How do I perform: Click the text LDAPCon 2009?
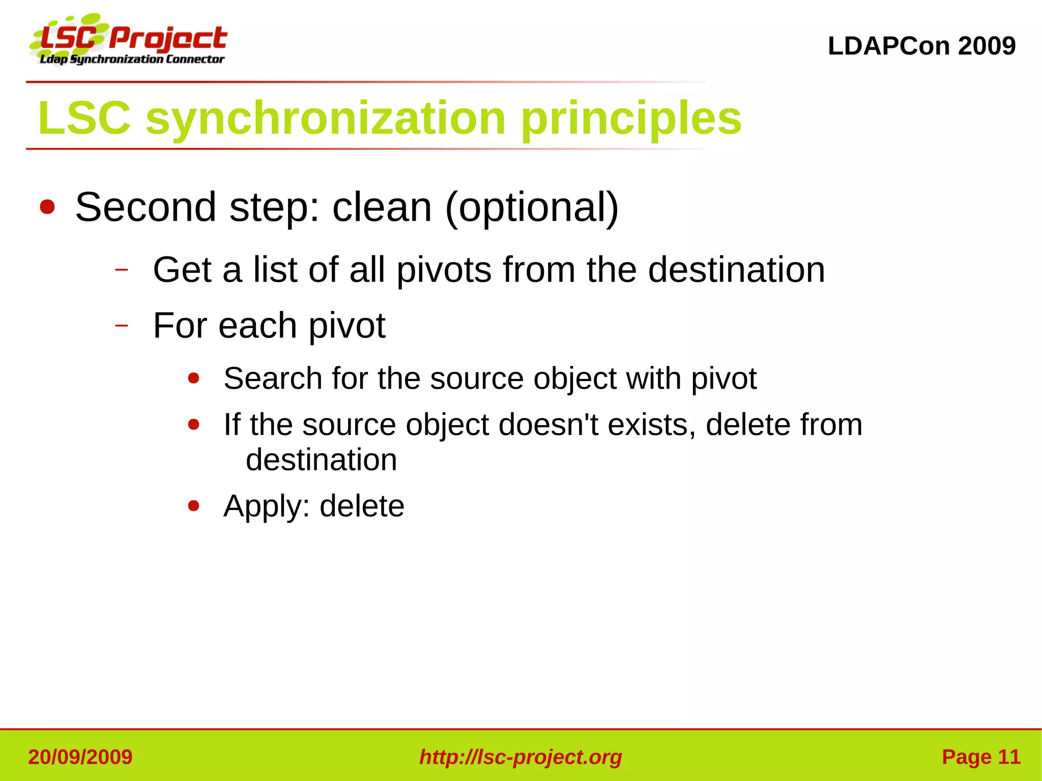(x=921, y=46)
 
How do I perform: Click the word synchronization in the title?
(x=325, y=118)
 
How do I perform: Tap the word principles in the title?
(x=631, y=118)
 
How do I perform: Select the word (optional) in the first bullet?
(x=532, y=207)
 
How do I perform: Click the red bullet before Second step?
(x=47, y=207)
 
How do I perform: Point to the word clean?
(x=382, y=207)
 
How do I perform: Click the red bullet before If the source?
(x=193, y=424)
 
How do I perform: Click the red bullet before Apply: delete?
(x=193, y=506)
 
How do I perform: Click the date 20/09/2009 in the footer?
(x=80, y=757)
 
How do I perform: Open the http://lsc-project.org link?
(x=520, y=757)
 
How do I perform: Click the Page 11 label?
(x=981, y=757)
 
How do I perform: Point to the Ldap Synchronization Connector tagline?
(x=132, y=60)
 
